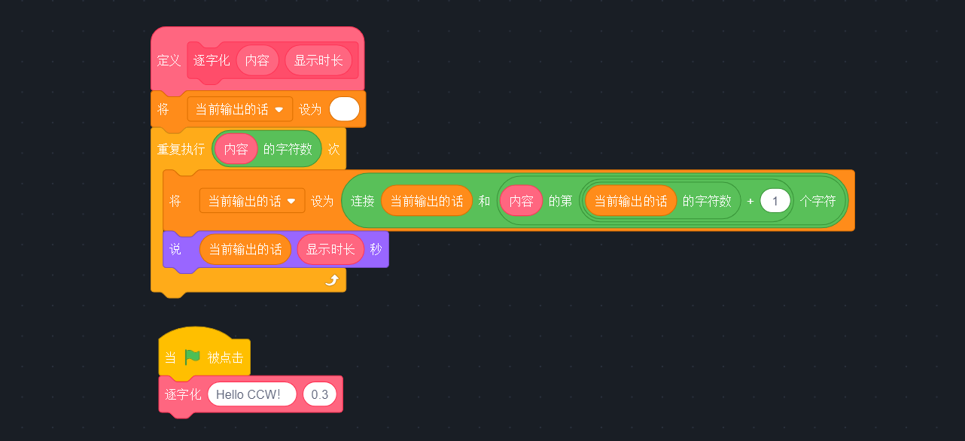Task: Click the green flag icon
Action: click(193, 357)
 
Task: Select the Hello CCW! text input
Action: click(252, 394)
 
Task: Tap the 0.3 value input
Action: click(320, 394)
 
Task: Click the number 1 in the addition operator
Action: click(775, 201)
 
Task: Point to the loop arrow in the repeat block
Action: click(331, 280)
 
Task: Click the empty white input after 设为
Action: click(345, 109)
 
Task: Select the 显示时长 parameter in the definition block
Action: click(318, 61)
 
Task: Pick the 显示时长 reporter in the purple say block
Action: click(330, 249)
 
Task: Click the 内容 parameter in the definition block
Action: click(257, 61)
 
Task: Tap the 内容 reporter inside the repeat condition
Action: click(236, 149)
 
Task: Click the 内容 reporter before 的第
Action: click(521, 201)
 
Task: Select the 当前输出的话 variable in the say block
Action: click(245, 249)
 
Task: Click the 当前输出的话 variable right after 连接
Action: click(427, 201)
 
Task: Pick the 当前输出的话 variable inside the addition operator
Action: click(631, 201)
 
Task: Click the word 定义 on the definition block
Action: click(169, 61)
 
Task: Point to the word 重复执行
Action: click(181, 149)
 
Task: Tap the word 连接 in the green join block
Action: click(363, 201)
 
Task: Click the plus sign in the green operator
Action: click(750, 201)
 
